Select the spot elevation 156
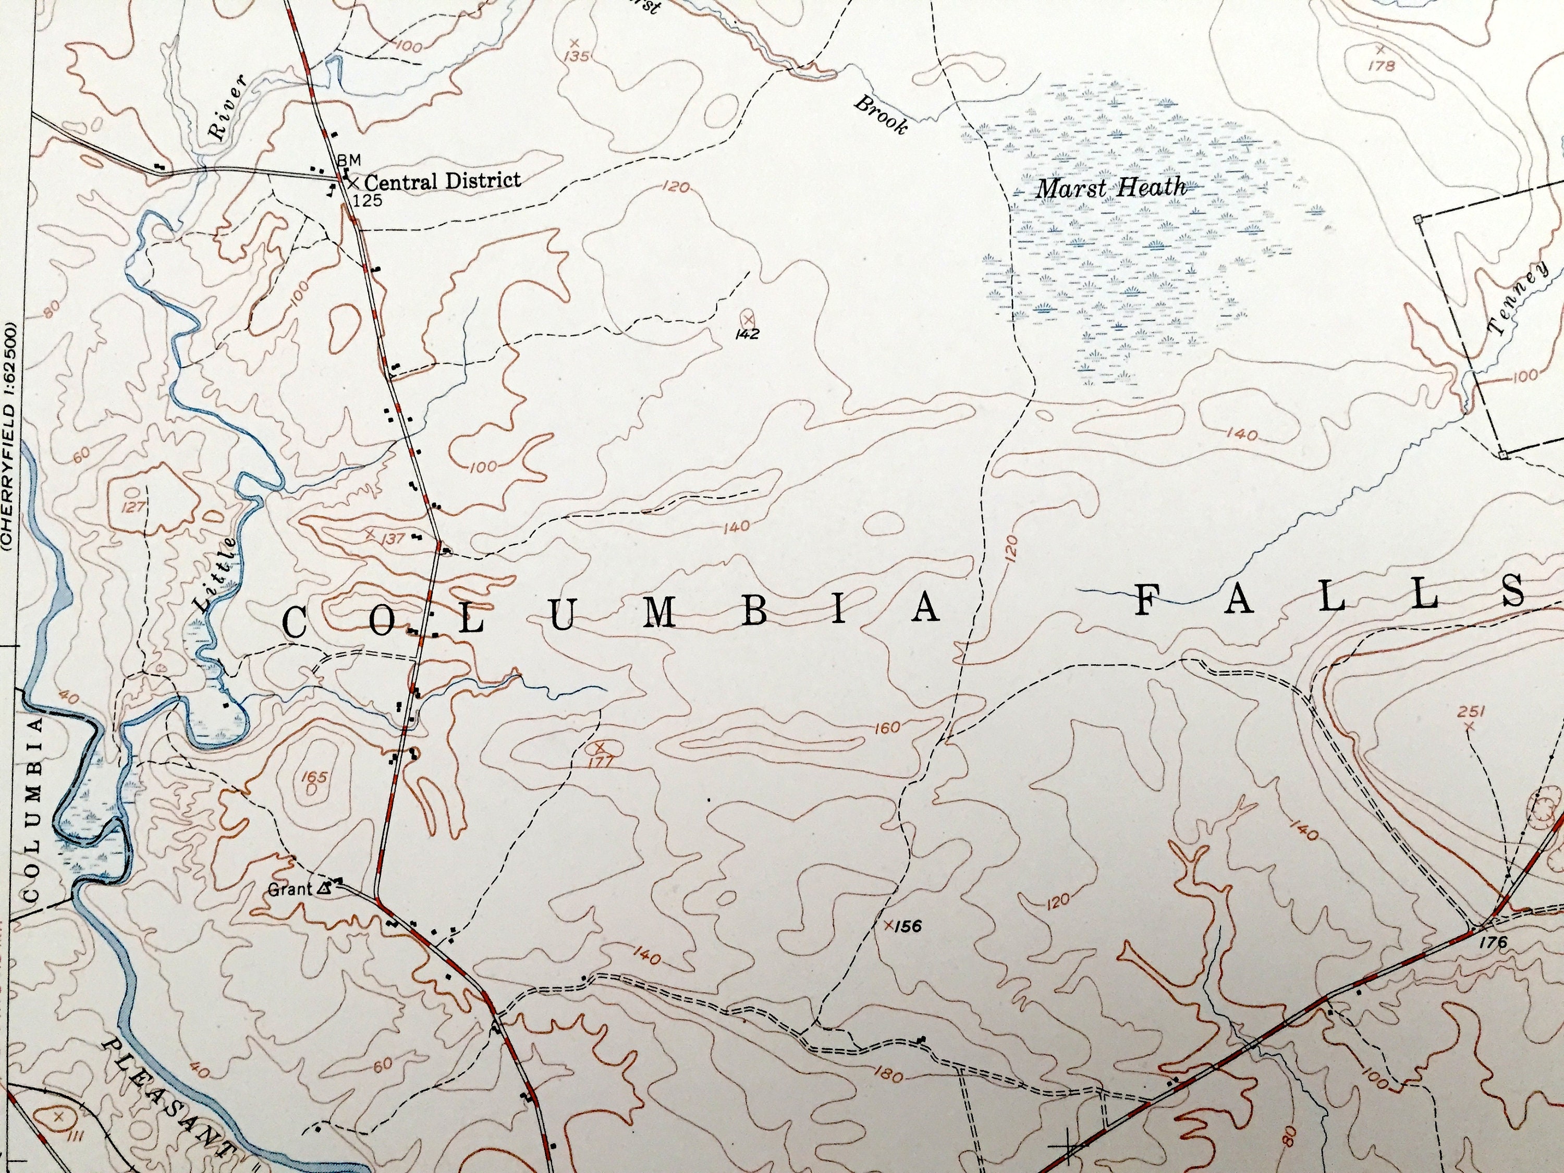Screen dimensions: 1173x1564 point(907,925)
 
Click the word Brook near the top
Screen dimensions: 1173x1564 point(881,115)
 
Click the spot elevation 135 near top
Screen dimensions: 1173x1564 point(577,56)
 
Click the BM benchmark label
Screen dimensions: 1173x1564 point(349,160)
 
